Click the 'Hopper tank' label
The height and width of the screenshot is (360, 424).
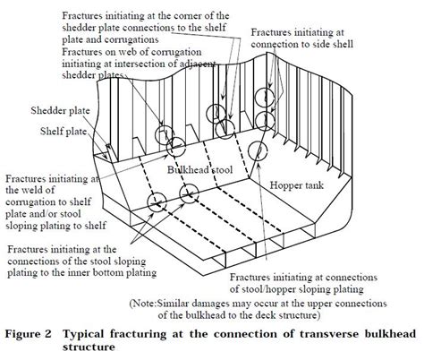coord(297,185)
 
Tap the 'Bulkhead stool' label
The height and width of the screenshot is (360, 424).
coord(199,170)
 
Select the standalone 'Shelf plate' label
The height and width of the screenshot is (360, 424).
coord(64,132)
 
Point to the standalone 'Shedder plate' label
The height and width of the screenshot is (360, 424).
coord(60,111)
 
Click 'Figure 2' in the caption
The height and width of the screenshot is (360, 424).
coord(29,334)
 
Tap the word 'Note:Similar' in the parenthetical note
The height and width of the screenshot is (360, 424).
coord(160,304)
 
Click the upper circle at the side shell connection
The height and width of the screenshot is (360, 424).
coord(264,98)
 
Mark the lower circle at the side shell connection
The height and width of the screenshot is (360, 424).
coord(265,121)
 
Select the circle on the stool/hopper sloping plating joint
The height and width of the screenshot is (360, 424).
coord(258,150)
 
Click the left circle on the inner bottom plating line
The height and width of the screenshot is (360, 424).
coord(157,201)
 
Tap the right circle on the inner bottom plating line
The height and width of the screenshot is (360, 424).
coord(189,193)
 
